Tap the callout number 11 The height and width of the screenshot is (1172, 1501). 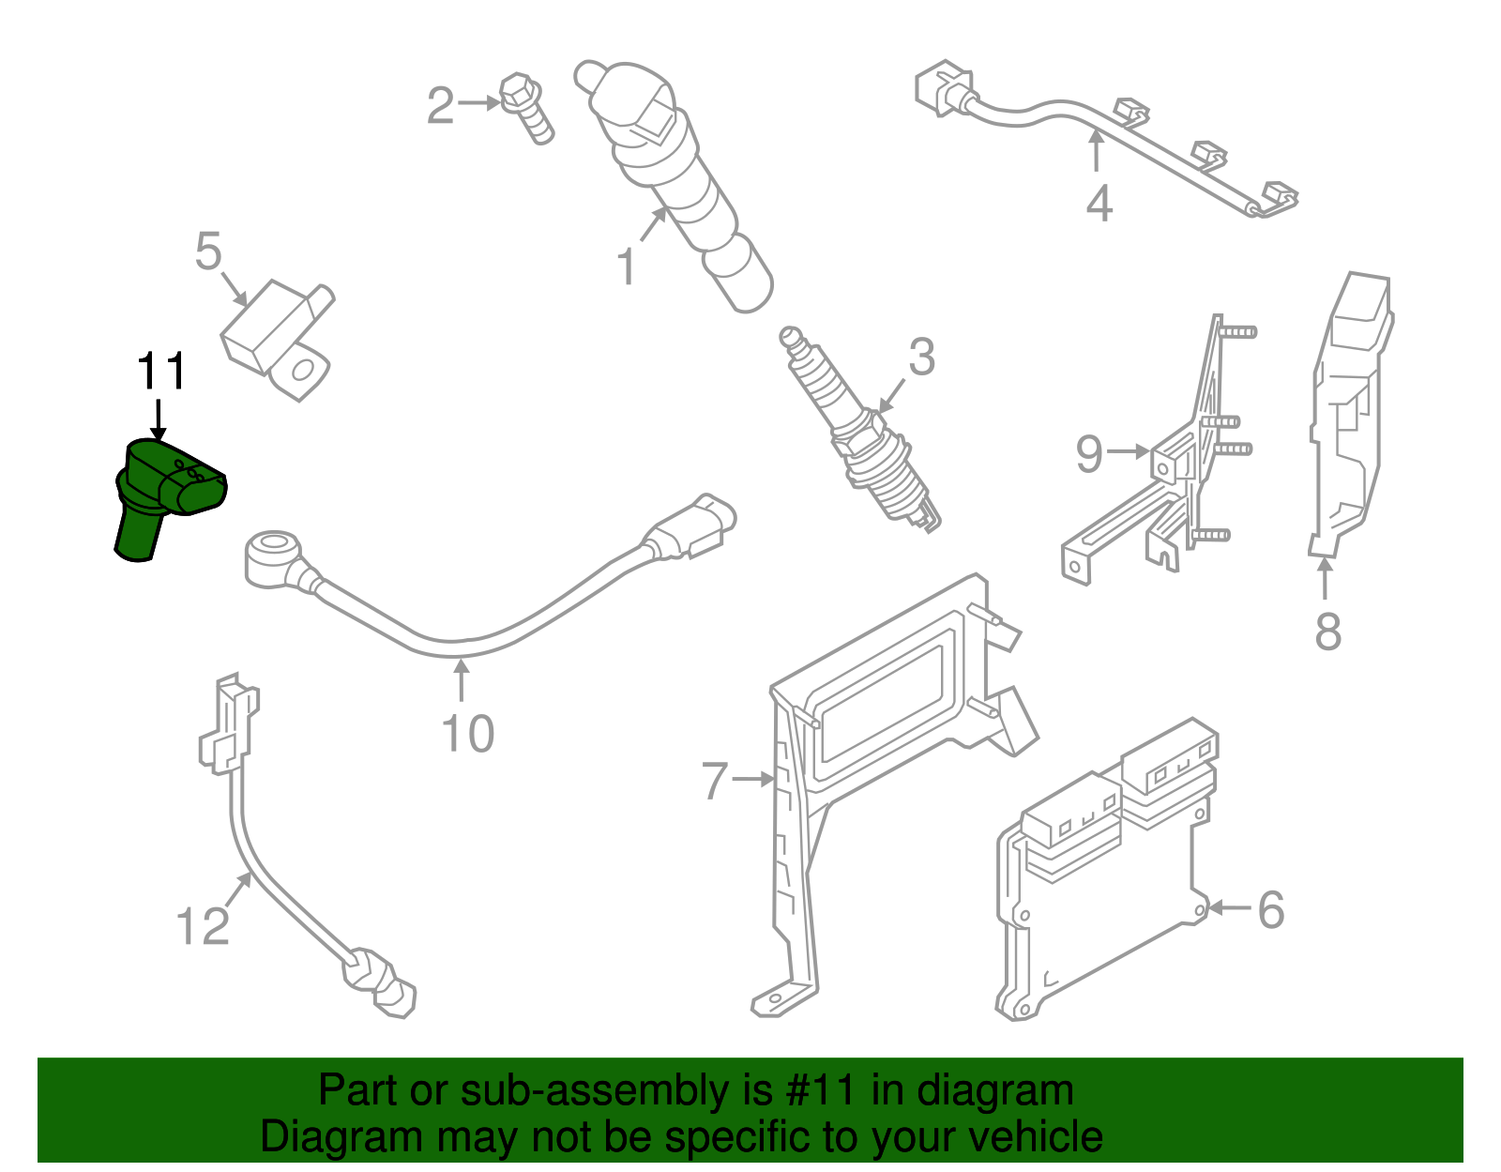click(161, 372)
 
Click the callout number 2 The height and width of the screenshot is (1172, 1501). click(440, 105)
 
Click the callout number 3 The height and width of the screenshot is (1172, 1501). click(921, 358)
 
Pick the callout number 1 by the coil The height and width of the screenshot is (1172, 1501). click(627, 266)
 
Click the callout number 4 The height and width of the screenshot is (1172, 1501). click(1099, 204)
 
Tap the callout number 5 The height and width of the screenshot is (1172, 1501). click(208, 251)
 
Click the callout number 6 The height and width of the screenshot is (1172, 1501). click(1270, 909)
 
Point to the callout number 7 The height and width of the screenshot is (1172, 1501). click(715, 780)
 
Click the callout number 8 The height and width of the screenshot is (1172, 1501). click(1327, 632)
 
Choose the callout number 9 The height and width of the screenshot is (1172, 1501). click(1088, 453)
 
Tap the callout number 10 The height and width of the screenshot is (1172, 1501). click(467, 734)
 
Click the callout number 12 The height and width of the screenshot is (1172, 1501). click(203, 926)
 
